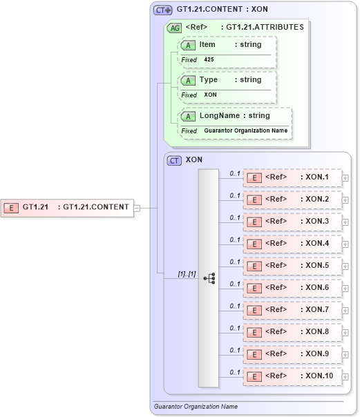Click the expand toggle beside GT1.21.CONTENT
137,207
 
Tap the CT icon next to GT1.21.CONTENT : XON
163,10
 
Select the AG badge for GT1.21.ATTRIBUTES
175,28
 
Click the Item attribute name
207,45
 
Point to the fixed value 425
209,60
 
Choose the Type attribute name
208,80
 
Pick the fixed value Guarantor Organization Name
245,130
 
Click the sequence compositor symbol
209,278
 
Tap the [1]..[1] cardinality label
187,274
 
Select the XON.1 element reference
292,177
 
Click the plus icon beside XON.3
345,222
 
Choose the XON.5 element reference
292,266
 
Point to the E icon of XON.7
254,310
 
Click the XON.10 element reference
292,376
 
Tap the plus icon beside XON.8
345,333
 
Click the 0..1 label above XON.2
235,195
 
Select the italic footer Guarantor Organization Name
196,407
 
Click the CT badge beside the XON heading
175,160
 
